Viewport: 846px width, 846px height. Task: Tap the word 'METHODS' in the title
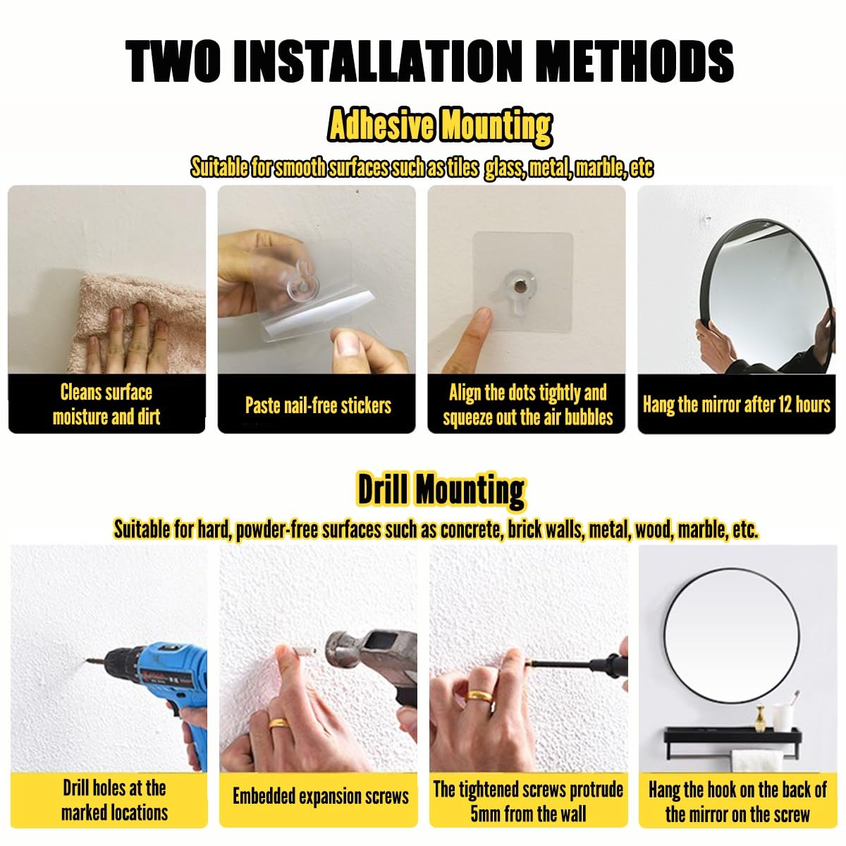click(635, 61)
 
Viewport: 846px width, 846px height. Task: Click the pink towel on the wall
click(136, 323)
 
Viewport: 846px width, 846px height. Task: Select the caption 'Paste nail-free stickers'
click(318, 405)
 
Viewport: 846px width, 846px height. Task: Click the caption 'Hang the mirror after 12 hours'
click(736, 404)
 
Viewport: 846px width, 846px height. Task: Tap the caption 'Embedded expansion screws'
click(321, 796)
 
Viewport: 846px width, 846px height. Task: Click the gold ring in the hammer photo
click(279, 723)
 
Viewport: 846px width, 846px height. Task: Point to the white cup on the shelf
click(783, 718)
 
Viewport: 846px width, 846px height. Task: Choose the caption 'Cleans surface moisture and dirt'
click(106, 404)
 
